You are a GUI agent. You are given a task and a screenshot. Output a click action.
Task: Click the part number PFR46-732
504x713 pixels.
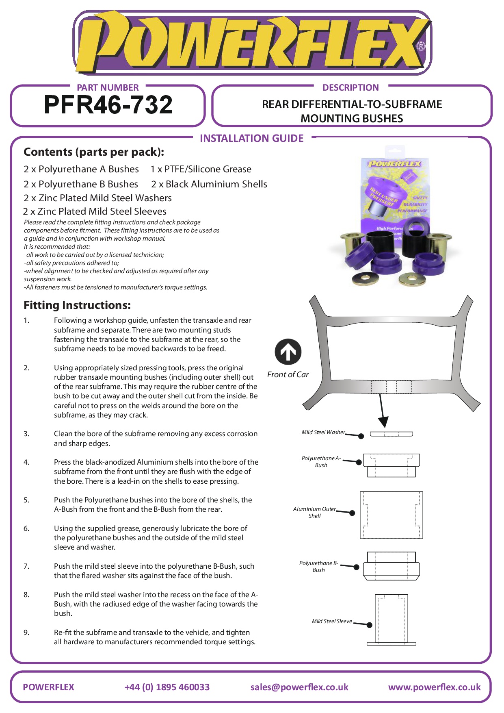(x=108, y=105)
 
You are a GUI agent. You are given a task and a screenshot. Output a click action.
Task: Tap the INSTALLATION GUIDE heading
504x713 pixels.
(x=251, y=139)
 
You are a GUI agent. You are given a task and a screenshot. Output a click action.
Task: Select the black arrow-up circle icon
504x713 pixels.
(x=288, y=352)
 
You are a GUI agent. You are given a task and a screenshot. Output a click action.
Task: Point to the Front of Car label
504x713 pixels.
(x=288, y=375)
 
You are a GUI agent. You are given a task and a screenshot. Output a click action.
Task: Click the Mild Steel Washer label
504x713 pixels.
(x=323, y=433)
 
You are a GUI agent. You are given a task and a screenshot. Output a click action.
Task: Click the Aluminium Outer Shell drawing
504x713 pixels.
(x=391, y=515)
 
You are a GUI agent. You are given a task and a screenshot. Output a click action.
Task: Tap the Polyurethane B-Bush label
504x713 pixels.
(x=318, y=566)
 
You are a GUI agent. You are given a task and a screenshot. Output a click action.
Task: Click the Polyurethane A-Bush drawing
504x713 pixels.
(x=391, y=465)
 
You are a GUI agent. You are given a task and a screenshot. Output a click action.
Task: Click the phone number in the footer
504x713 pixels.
(x=167, y=687)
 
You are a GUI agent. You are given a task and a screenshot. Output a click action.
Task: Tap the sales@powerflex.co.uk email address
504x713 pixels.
(x=299, y=687)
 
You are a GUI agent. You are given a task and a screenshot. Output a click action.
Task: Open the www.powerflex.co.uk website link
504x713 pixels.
(x=434, y=687)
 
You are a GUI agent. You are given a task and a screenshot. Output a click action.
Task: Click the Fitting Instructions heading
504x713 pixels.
(x=77, y=305)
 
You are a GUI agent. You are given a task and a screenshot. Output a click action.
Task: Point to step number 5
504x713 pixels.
(x=26, y=500)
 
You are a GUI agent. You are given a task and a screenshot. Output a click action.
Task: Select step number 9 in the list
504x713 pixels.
(x=26, y=633)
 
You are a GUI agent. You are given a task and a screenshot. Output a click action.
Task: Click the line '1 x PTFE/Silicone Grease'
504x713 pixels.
(x=201, y=169)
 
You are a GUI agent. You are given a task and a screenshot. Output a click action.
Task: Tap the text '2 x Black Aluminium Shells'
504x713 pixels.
(x=209, y=184)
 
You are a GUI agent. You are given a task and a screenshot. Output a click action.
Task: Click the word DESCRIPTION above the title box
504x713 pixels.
(x=350, y=87)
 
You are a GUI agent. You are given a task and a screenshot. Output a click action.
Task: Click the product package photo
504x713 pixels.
(x=396, y=217)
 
